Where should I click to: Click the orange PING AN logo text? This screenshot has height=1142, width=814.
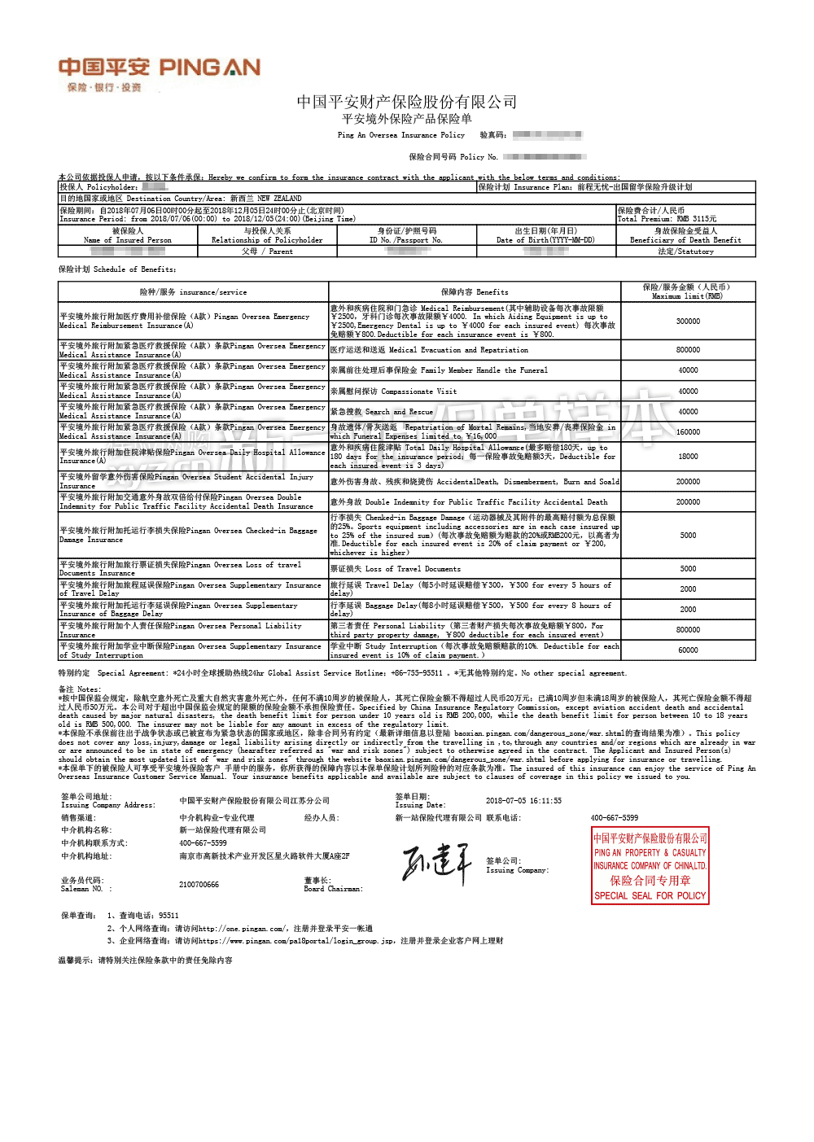point(209,67)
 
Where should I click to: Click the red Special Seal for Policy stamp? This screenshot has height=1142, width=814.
point(650,865)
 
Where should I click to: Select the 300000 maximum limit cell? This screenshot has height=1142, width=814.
point(688,322)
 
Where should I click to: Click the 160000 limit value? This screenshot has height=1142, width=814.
point(688,432)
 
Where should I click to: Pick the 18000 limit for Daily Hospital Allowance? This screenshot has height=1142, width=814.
point(688,457)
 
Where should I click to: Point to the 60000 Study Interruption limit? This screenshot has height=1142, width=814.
point(688,650)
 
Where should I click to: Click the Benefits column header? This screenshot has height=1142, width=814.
point(475,292)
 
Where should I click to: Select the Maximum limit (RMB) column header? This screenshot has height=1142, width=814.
point(687,291)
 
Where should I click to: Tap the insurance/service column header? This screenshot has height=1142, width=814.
point(193,292)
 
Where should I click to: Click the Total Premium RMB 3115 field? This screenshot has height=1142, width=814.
point(667,219)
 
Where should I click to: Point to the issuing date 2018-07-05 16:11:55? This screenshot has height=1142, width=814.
point(523,801)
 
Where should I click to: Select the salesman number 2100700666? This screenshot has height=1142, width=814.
point(199,885)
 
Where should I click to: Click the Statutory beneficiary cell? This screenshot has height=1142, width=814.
point(685,252)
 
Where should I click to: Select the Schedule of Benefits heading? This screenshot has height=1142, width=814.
point(117,269)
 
